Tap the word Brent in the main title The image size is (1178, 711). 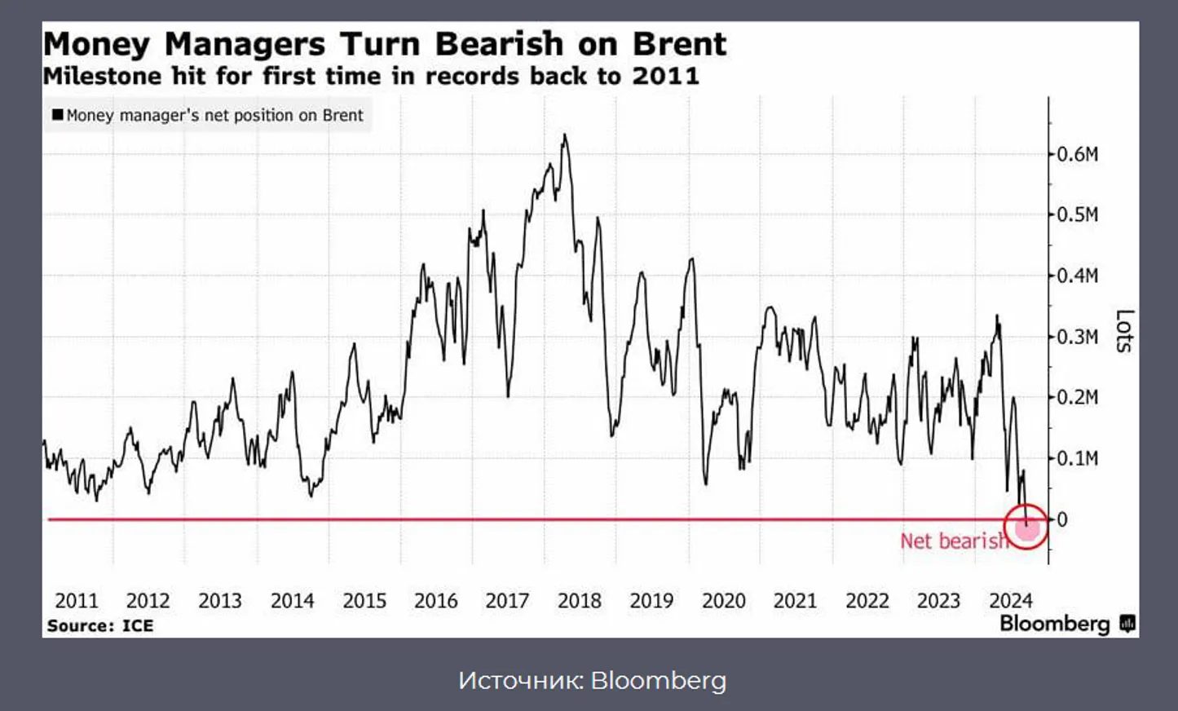(x=679, y=44)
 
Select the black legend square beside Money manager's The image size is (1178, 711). (x=58, y=115)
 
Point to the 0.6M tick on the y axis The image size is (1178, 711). (x=1077, y=154)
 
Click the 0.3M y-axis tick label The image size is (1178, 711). (x=1077, y=337)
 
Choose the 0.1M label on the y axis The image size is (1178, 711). (x=1077, y=458)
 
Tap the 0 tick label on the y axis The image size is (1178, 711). (x=1062, y=519)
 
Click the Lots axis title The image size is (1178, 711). (x=1125, y=331)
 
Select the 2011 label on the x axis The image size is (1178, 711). (x=77, y=601)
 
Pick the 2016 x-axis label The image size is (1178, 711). (x=436, y=601)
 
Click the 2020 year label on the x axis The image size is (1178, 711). (x=724, y=601)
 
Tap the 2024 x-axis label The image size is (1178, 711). (x=1011, y=601)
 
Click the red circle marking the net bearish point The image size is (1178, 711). (x=1026, y=527)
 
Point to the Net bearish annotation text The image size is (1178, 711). (x=953, y=541)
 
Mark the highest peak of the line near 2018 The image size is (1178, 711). (x=564, y=135)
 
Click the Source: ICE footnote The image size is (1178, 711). (x=100, y=625)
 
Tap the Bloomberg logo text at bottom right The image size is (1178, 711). (x=1055, y=624)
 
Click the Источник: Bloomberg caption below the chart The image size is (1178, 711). (x=592, y=680)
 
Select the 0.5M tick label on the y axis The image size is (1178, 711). (x=1077, y=215)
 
